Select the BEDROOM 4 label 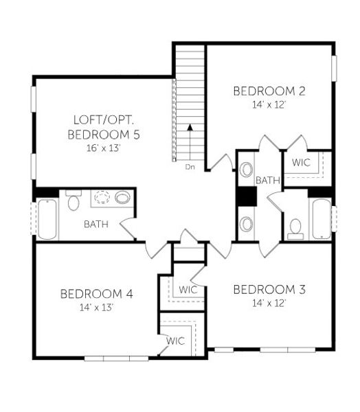[x=96, y=294]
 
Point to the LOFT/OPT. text [x=104, y=119]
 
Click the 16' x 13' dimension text [x=104, y=148]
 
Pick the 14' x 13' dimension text [x=96, y=308]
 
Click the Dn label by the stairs [x=190, y=166]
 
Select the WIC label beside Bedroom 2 [x=302, y=163]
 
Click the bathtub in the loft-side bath [x=47, y=219]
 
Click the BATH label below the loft [x=95, y=224]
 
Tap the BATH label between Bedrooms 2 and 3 [x=268, y=181]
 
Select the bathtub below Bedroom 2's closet [x=321, y=218]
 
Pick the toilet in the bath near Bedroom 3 [x=296, y=227]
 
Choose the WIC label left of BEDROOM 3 [x=188, y=290]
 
